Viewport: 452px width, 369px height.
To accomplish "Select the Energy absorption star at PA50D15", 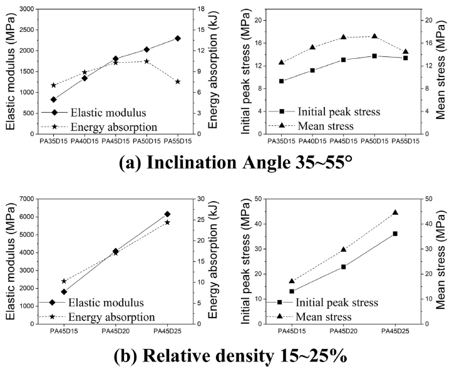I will tap(146, 61).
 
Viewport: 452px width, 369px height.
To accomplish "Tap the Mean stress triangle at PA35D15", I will tap(282, 62).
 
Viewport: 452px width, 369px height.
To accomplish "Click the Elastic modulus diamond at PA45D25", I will tap(167, 214).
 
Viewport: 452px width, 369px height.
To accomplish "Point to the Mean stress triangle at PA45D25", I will tap(395, 212).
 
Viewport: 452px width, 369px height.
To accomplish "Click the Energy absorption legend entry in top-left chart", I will tap(113, 127).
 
